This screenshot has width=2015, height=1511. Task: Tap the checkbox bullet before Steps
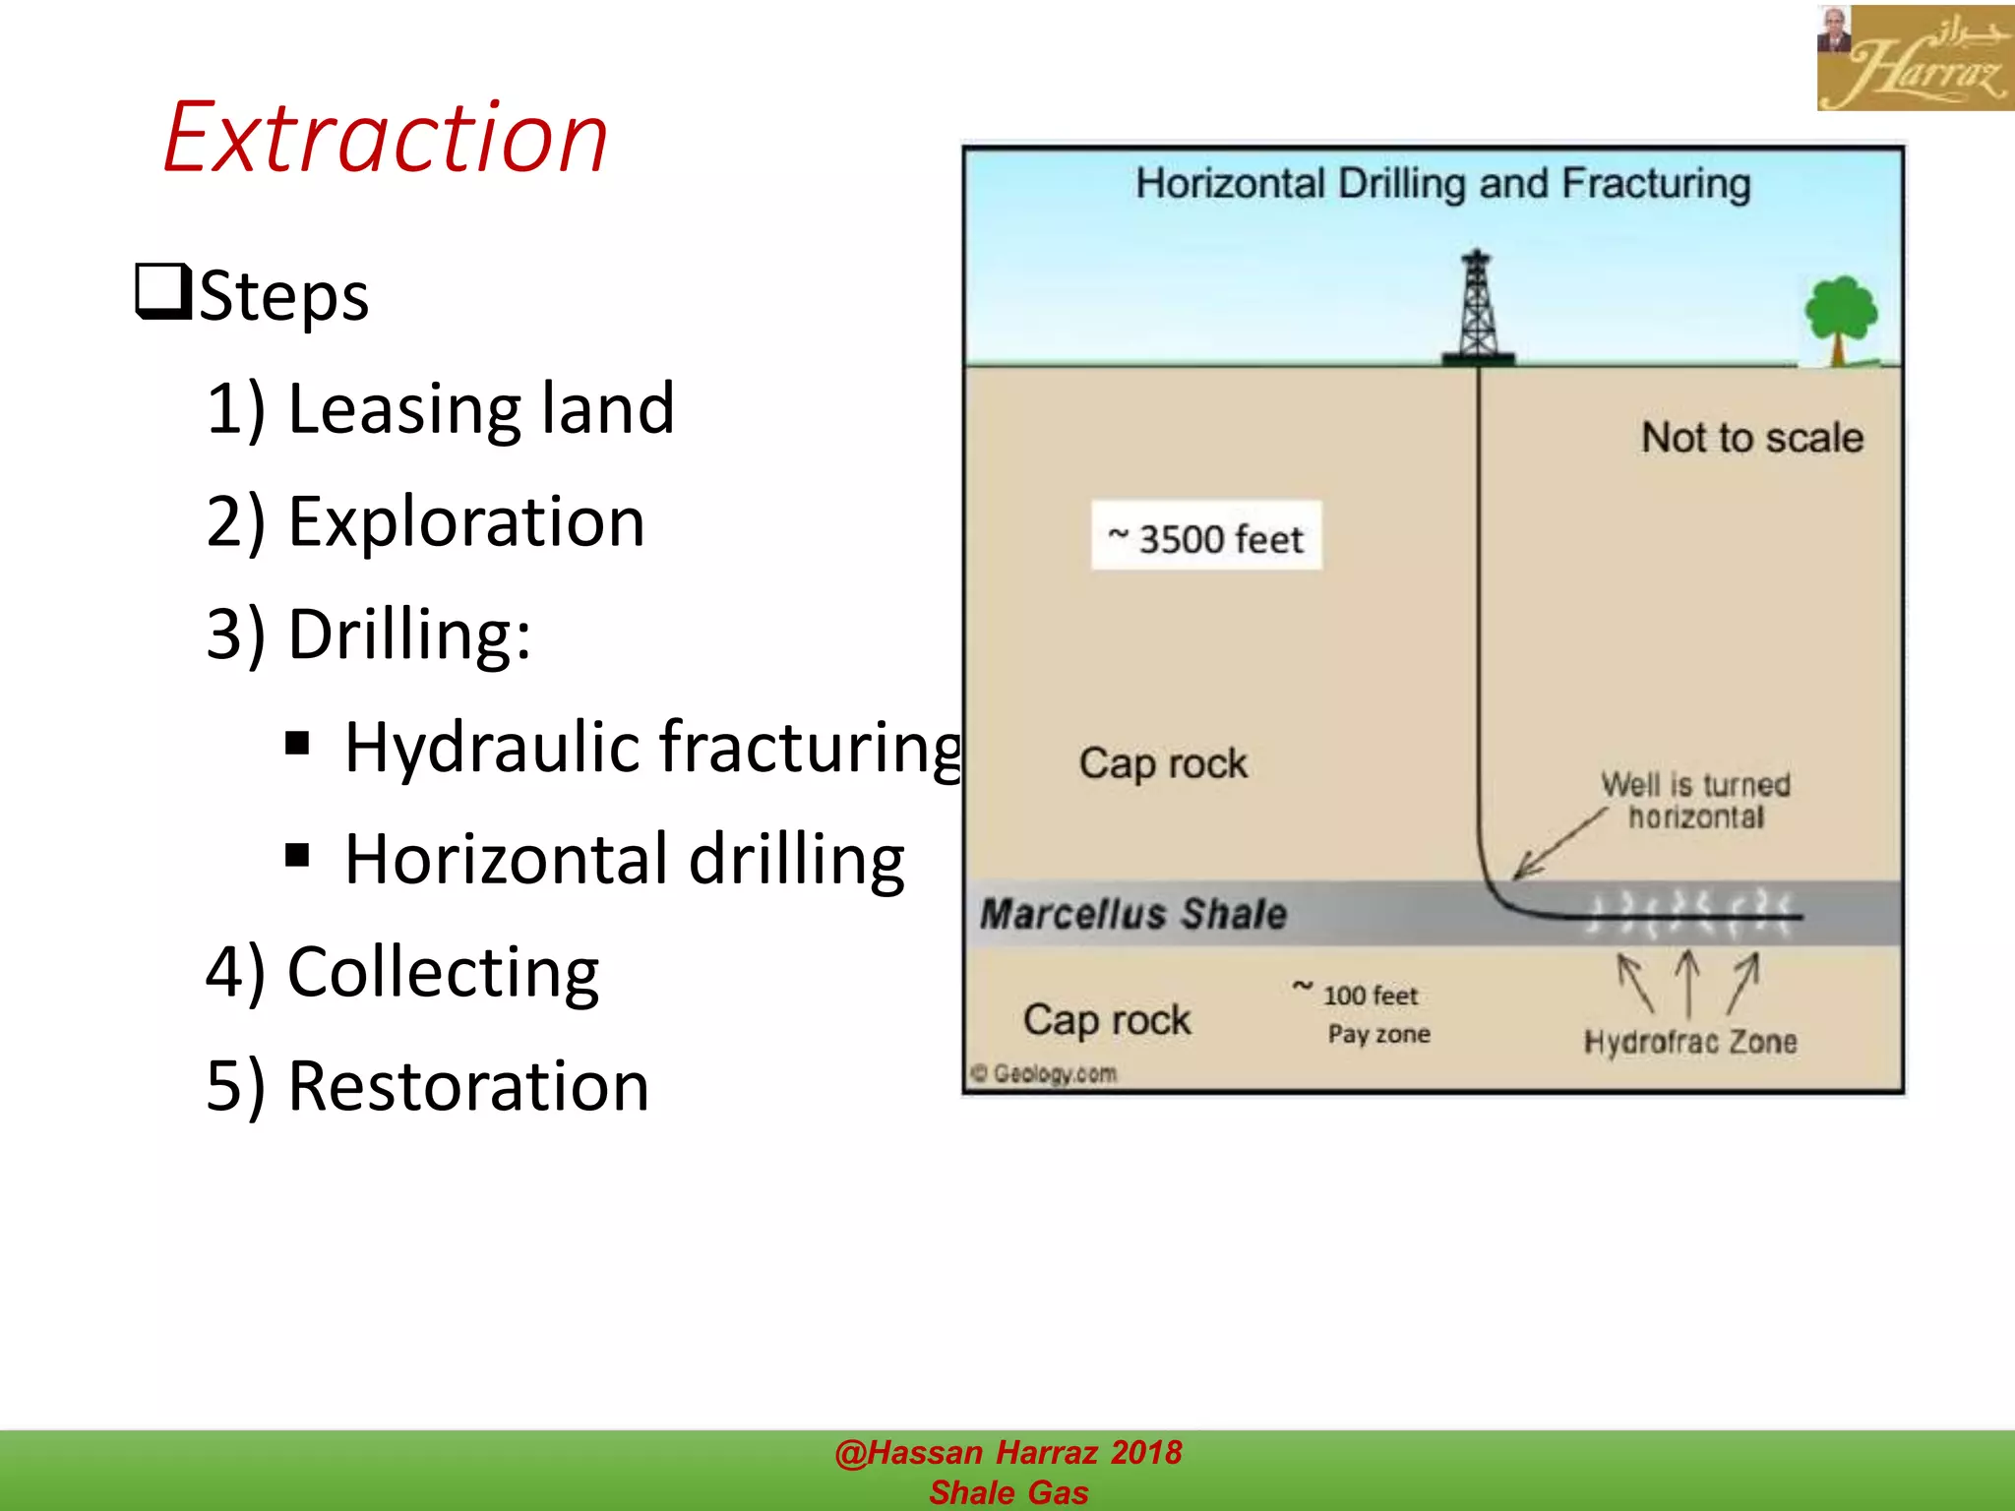point(162,292)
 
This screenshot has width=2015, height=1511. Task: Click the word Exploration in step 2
point(465,521)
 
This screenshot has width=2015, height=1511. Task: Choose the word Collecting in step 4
point(443,972)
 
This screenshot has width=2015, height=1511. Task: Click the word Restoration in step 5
point(467,1086)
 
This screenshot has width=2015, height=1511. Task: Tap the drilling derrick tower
point(1477,307)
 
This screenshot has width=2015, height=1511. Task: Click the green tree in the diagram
point(1840,317)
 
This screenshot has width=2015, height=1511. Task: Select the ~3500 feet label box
point(1206,537)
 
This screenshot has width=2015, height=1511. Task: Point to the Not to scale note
point(1752,438)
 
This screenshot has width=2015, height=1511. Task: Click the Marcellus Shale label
point(1133,914)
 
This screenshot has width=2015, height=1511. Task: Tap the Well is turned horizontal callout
point(1695,801)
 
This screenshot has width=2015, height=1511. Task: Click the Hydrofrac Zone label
point(1690,1042)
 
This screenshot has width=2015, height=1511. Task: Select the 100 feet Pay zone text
point(1373,1014)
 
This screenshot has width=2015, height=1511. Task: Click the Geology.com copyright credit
point(1045,1073)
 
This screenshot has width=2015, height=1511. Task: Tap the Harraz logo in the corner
point(1914,58)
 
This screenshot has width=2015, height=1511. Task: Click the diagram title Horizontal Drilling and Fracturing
point(1442,184)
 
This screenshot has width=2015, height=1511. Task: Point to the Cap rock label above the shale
point(1163,763)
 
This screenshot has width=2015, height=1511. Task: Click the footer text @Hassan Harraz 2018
point(1007,1453)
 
